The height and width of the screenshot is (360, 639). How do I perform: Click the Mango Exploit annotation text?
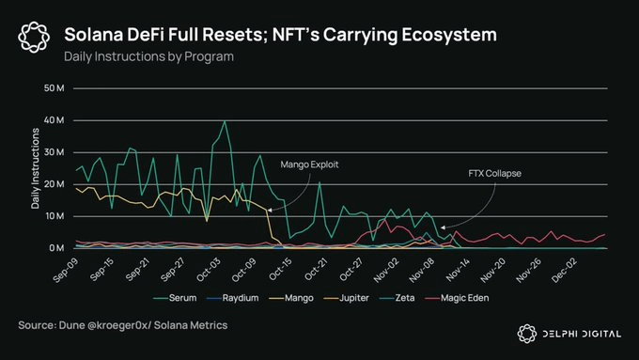(x=309, y=164)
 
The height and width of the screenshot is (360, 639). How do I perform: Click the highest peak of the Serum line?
(x=225, y=121)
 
